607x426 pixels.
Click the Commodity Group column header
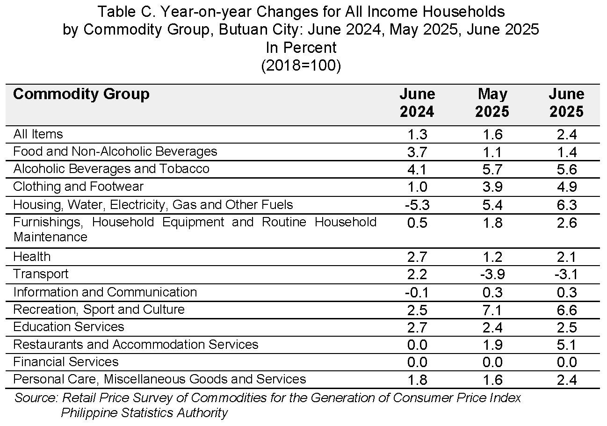pyautogui.click(x=81, y=94)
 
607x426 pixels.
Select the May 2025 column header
pyautogui.click(x=492, y=103)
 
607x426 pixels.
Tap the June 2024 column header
pyautogui.click(x=417, y=103)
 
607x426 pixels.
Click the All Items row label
pyautogui.click(x=38, y=134)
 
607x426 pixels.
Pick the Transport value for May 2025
pyautogui.click(x=492, y=274)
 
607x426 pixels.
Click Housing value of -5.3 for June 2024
pyautogui.click(x=417, y=205)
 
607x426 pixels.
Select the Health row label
pyautogui.click(x=32, y=257)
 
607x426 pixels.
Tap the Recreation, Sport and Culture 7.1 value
pyautogui.click(x=492, y=310)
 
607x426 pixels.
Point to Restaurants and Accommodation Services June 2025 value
pyautogui.click(x=567, y=345)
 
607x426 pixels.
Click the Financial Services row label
pyautogui.click(x=66, y=362)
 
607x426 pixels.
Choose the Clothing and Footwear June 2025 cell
pyautogui.click(x=567, y=187)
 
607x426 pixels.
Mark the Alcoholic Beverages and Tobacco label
pyautogui.click(x=111, y=168)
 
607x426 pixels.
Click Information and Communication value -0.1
pyautogui.click(x=417, y=293)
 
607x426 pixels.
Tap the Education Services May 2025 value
pyautogui.click(x=492, y=328)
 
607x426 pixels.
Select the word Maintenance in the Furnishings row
pyautogui.click(x=51, y=237)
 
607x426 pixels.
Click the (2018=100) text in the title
pyautogui.click(x=301, y=65)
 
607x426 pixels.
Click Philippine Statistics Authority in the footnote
pyautogui.click(x=144, y=413)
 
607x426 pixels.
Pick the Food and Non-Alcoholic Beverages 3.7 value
pyautogui.click(x=417, y=152)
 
